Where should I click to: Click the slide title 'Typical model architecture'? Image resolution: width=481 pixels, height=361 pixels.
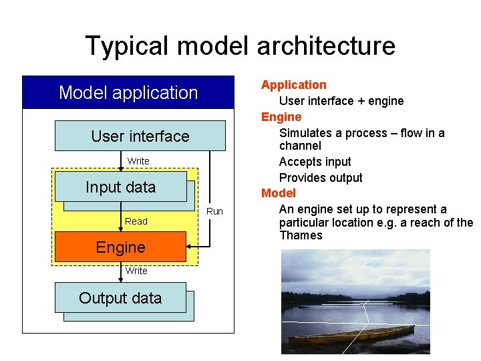tap(240, 46)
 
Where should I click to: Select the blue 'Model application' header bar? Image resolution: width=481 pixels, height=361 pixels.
tap(128, 92)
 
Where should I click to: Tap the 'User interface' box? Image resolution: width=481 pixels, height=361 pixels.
tap(140, 136)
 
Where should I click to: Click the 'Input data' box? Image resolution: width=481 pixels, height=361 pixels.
tap(120, 187)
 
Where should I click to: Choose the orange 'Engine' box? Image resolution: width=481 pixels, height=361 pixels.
tap(120, 247)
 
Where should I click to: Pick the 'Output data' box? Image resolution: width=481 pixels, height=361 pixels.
tap(120, 298)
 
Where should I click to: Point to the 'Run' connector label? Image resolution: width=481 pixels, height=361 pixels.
tap(214, 211)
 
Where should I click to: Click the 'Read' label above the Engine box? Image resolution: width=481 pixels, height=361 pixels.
tap(136, 221)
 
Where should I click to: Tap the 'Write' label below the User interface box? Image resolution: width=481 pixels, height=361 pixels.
tap(138, 161)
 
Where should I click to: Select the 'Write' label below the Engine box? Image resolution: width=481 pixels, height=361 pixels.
tap(136, 271)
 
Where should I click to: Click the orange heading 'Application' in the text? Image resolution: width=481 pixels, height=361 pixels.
tap(294, 85)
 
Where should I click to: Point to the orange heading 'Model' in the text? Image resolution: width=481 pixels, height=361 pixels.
tap(279, 193)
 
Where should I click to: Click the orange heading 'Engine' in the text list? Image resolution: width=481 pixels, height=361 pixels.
tap(281, 117)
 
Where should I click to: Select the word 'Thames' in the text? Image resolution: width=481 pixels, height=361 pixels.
tap(301, 235)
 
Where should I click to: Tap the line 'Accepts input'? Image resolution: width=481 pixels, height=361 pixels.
tap(315, 162)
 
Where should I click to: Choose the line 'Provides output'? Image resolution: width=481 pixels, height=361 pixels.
tap(321, 178)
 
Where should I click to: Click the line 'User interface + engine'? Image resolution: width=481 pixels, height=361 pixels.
tap(341, 101)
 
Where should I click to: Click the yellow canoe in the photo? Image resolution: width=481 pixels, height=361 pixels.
tap(347, 334)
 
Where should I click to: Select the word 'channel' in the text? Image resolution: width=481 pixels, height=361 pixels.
tap(300, 146)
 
